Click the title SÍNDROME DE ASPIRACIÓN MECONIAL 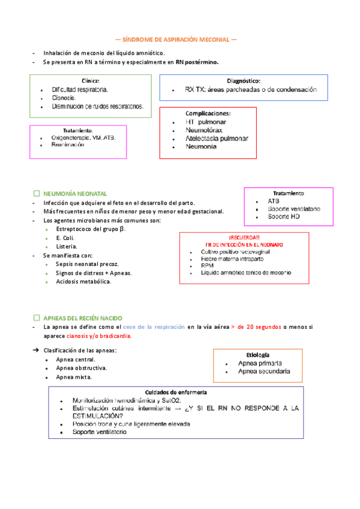[175, 40]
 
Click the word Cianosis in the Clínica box [64, 98]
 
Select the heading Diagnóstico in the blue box [243, 80]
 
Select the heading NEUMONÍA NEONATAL [75, 194]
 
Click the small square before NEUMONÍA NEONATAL [37, 194]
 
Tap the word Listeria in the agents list [66, 247]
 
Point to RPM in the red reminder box [208, 265]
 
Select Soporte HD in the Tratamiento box [283, 216]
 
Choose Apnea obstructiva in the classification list [81, 368]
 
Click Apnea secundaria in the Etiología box [264, 372]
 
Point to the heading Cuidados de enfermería [176, 392]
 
